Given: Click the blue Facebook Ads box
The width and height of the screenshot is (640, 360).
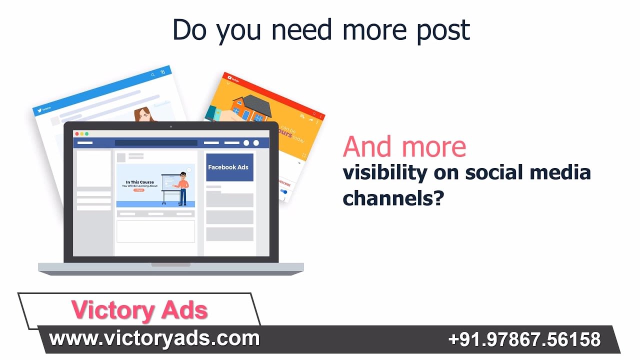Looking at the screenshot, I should pyautogui.click(x=229, y=167).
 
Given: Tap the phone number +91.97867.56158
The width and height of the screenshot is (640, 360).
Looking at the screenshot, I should pyautogui.click(x=524, y=339).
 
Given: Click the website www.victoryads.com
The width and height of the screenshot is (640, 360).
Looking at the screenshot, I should pyautogui.click(x=154, y=338).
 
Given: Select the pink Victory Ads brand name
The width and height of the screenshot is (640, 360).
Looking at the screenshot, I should pyautogui.click(x=139, y=310).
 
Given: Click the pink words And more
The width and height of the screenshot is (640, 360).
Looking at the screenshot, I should pyautogui.click(x=404, y=147).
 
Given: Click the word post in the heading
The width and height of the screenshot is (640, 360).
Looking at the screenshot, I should pyautogui.click(x=443, y=30).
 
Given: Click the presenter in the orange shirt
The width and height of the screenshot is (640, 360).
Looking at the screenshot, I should pyautogui.click(x=183, y=187).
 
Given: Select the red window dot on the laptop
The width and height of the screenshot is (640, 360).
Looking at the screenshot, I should pyautogui.click(x=76, y=134).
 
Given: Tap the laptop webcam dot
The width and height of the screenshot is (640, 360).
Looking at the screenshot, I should pyautogui.click(x=170, y=126).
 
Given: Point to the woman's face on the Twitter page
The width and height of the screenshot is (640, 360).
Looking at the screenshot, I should pyautogui.click(x=145, y=114).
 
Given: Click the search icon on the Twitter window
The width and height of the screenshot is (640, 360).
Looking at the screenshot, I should pyautogui.click(x=153, y=75).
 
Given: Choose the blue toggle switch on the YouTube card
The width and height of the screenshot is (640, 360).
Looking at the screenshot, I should pyautogui.click(x=284, y=191).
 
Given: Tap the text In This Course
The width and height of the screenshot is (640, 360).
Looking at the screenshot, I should pyautogui.click(x=139, y=182).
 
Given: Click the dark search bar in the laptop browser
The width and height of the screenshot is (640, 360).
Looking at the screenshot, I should pyautogui.click(x=156, y=143).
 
